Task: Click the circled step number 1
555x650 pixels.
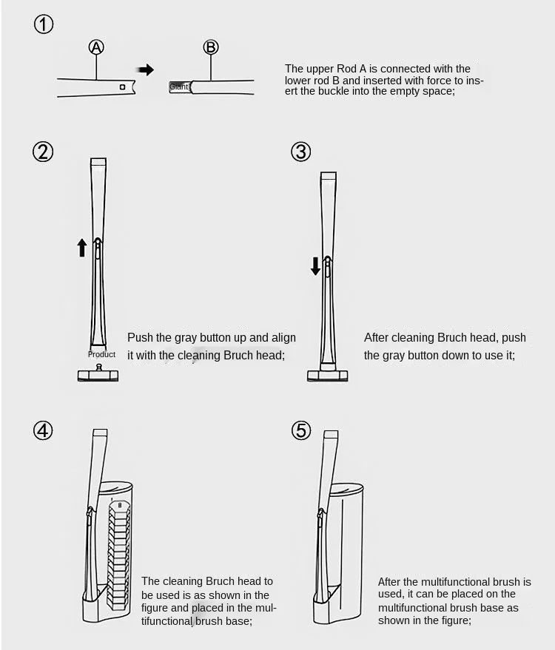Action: (x=44, y=24)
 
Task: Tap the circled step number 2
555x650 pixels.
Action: (x=44, y=152)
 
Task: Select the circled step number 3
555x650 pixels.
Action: (x=301, y=152)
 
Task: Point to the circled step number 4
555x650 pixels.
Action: (x=44, y=430)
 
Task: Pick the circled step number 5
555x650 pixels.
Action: (x=301, y=430)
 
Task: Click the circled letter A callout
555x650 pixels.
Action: (x=96, y=47)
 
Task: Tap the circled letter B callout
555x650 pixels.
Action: (x=211, y=47)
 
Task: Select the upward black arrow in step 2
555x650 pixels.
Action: (x=82, y=247)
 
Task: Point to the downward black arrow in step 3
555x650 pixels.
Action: (x=316, y=265)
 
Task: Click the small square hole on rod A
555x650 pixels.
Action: (x=122, y=87)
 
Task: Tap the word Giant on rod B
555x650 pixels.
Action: (x=178, y=87)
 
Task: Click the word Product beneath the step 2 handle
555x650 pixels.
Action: (x=101, y=354)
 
